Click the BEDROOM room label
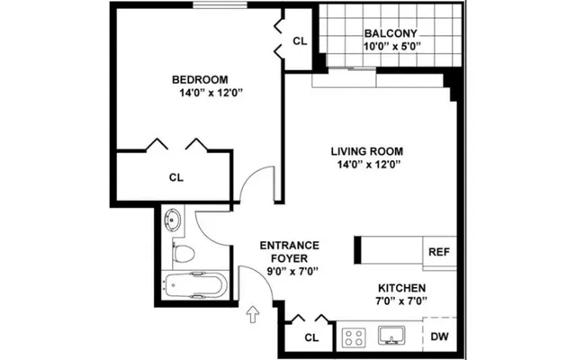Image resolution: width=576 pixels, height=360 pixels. click(200, 78)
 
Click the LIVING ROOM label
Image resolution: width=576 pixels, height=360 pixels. click(365, 150)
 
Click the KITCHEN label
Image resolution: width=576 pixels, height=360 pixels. click(401, 289)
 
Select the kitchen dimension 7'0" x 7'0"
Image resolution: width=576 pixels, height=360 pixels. click(401, 303)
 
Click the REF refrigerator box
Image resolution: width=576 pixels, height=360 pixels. click(438, 251)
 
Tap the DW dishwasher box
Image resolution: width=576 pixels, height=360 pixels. click(438, 337)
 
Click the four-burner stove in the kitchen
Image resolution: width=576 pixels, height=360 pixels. click(354, 338)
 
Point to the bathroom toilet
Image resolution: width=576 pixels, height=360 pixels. click(183, 253)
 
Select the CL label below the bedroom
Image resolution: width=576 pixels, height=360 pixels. click(175, 177)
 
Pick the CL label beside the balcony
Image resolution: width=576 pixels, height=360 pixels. click(300, 41)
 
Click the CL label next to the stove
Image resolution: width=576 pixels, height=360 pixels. click(311, 337)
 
